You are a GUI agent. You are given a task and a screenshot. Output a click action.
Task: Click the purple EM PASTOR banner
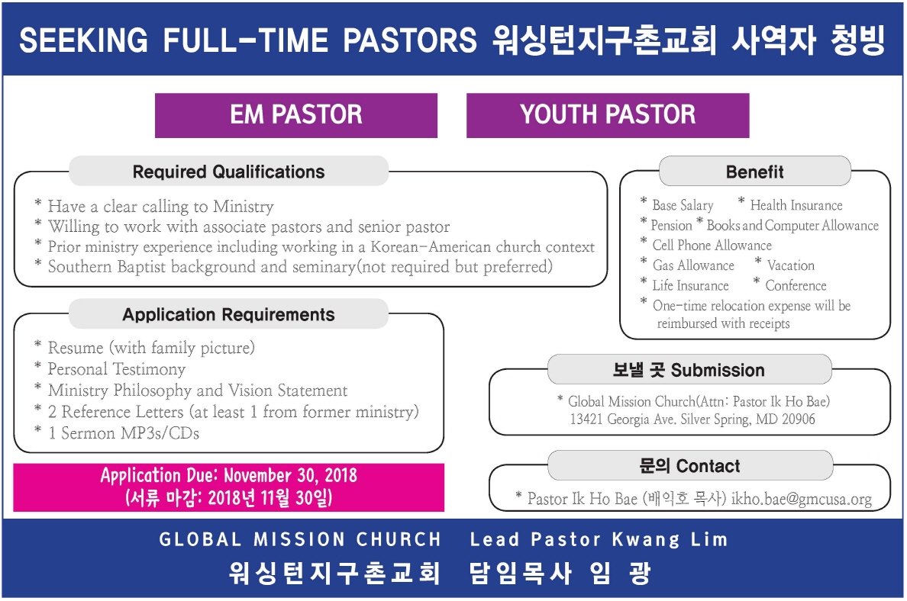click(296, 115)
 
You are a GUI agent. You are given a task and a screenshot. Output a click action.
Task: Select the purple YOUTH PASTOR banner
click(608, 115)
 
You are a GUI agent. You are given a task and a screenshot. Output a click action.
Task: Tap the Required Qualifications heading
click(228, 172)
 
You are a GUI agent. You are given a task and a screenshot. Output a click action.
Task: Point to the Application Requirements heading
click(228, 314)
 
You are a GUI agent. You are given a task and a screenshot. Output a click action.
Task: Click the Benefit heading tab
click(754, 172)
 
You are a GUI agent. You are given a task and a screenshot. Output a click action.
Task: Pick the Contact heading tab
click(689, 466)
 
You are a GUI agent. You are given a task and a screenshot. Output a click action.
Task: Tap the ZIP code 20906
click(797, 419)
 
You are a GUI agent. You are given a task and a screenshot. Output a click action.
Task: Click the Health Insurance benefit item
click(796, 205)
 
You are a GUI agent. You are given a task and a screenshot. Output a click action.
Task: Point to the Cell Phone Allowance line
click(712, 246)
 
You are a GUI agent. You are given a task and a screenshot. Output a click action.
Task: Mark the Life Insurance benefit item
click(690, 286)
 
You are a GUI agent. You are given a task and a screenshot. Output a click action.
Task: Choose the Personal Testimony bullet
click(116, 369)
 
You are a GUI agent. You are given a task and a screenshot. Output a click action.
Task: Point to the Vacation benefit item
click(790, 265)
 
